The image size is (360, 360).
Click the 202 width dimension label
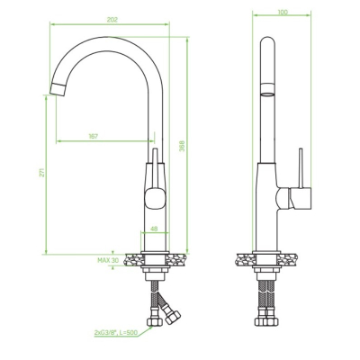112,20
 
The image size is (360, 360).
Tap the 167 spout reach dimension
94,136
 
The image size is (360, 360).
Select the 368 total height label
182,146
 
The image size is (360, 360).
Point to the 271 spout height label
42,172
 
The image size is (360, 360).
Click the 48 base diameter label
154,229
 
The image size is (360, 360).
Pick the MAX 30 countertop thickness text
108,260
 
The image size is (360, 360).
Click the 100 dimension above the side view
283,12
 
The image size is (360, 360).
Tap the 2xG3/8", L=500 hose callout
116,332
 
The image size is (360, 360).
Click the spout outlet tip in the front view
58,89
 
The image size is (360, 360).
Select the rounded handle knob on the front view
155,198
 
